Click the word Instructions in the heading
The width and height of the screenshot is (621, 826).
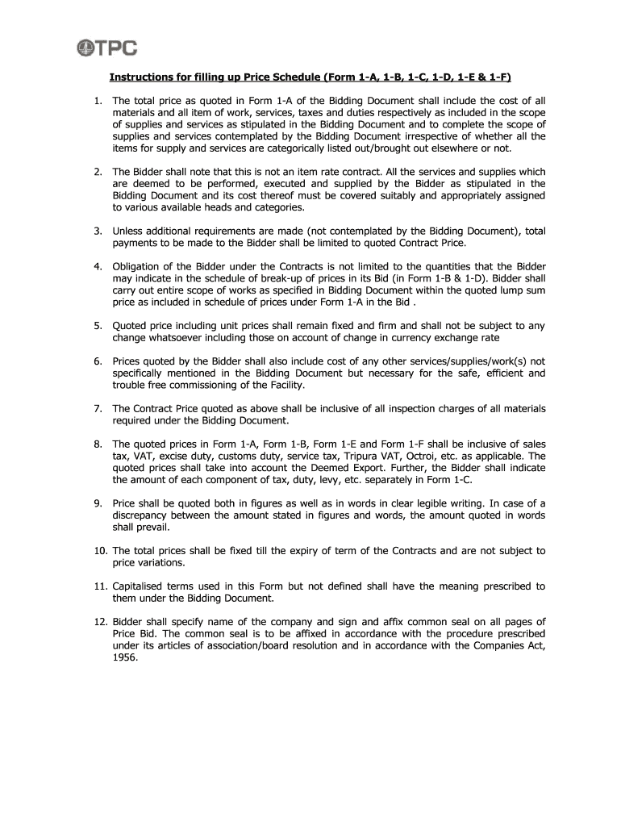[143, 77]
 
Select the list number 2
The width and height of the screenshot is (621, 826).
[98, 172]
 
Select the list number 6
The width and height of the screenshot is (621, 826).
[98, 361]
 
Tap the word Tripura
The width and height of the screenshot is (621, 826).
[367, 456]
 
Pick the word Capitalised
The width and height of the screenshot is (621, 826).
[141, 586]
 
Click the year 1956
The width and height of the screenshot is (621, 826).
[124, 657]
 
